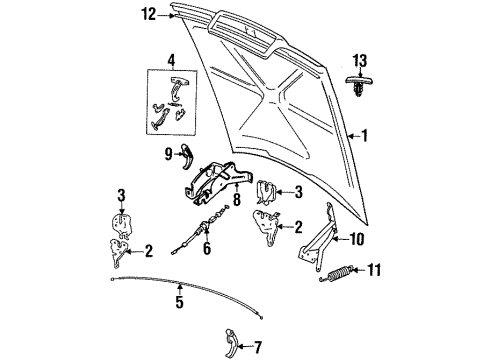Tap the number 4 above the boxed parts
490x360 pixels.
pyautogui.click(x=171, y=59)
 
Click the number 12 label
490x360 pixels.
pyautogui.click(x=148, y=14)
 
